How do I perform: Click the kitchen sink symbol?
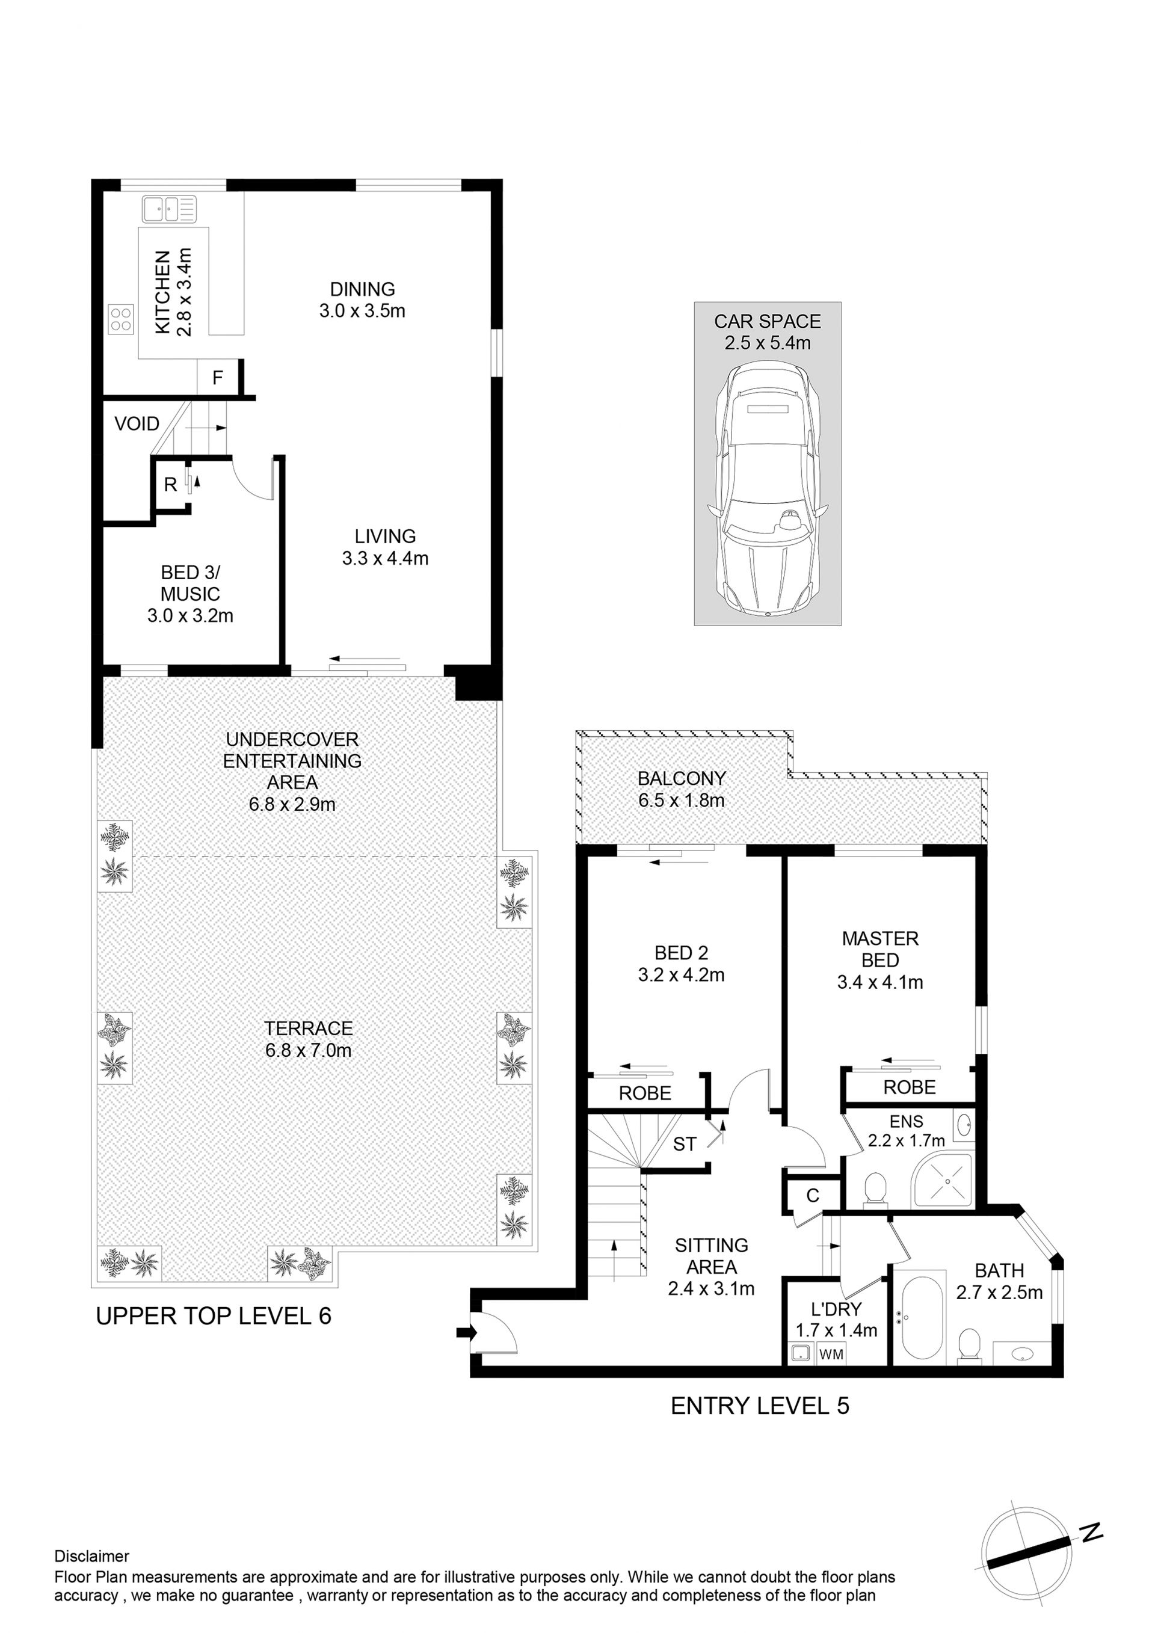168,209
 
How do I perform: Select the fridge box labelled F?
218,377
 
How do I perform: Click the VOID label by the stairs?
137,424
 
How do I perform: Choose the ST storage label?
685,1145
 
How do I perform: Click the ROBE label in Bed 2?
645,1093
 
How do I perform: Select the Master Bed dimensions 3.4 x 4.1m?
881,982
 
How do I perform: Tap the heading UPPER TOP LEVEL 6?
214,1317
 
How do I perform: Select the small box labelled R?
171,484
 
